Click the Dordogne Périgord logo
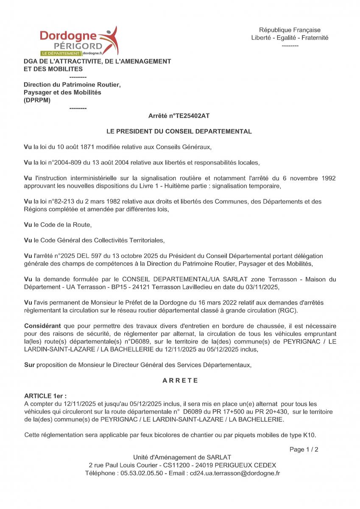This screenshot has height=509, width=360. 79,42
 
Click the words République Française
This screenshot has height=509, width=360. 290,30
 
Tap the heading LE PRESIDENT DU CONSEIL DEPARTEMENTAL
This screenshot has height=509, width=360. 179,131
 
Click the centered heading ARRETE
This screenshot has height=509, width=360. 180,380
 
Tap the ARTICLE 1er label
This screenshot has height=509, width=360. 45,396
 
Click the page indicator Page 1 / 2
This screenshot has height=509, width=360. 304,449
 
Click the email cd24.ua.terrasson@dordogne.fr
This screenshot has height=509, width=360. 235,473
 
